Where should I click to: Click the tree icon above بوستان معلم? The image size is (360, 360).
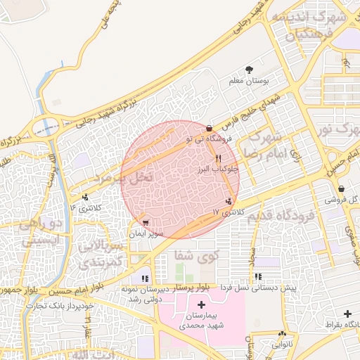[x=249, y=70]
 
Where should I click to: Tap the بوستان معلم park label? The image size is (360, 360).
[x=249, y=82]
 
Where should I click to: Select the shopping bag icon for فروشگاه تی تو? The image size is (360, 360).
[x=210, y=128]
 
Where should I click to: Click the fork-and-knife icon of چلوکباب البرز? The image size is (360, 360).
[x=219, y=158]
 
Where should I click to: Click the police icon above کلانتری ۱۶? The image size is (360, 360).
[x=85, y=198]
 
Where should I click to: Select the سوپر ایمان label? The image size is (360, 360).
[x=146, y=233]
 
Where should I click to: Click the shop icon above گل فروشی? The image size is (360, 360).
[x=341, y=188]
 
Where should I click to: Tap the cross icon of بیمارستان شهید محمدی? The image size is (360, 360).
[x=202, y=304]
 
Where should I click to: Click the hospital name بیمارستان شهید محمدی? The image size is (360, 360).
[x=202, y=321]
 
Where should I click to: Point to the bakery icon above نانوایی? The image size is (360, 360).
[x=283, y=335]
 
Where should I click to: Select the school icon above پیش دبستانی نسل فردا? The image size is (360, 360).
[x=258, y=277]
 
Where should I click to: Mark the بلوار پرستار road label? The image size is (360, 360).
[x=194, y=288]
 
